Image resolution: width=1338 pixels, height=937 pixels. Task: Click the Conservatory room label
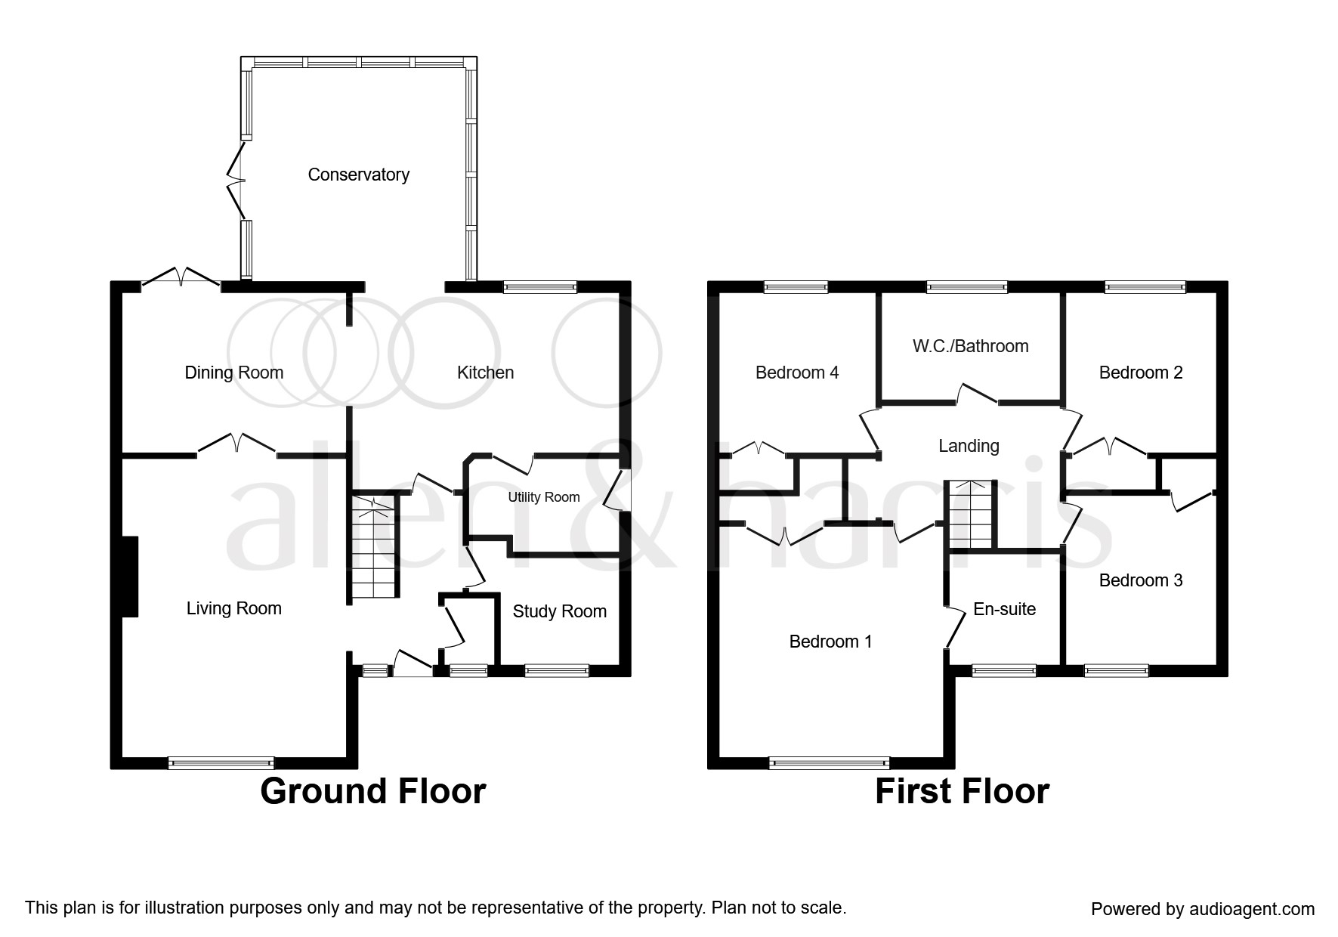click(x=359, y=175)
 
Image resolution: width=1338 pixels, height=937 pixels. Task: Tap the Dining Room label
click(x=234, y=373)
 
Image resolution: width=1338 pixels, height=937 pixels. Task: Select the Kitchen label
click(x=486, y=373)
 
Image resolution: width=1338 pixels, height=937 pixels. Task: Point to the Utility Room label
click(x=544, y=497)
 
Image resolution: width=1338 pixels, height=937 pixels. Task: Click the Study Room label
click(x=560, y=611)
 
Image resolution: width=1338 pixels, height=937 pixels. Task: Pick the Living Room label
click(x=234, y=608)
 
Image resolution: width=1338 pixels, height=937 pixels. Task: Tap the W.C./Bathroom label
click(x=971, y=346)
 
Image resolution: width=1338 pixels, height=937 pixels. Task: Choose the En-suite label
click(x=1005, y=609)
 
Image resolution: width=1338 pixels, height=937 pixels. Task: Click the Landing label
click(x=969, y=446)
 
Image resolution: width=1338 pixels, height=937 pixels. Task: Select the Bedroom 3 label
click(x=1141, y=580)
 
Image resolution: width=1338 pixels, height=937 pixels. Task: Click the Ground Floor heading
click(x=373, y=791)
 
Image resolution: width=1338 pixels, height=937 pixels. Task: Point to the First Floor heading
click(x=963, y=791)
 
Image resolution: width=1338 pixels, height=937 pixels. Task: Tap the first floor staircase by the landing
click(x=971, y=514)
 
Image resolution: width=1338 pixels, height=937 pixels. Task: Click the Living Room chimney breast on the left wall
click(x=129, y=577)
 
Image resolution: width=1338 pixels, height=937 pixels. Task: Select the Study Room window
click(x=557, y=670)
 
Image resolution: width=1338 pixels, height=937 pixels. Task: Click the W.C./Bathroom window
click(x=967, y=286)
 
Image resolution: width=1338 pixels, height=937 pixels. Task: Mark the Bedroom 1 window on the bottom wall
click(x=830, y=763)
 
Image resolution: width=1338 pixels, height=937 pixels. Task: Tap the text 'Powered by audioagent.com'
click(x=1203, y=909)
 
